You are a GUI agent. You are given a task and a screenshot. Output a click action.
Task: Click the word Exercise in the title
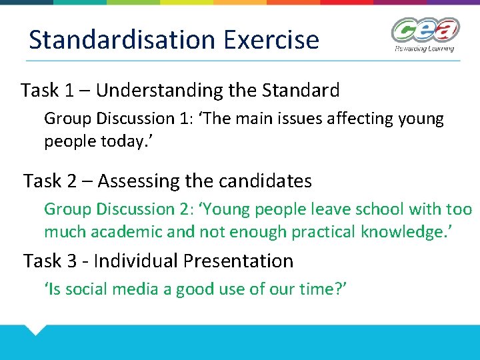(x=271, y=40)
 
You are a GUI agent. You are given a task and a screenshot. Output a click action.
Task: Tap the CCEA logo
(x=425, y=30)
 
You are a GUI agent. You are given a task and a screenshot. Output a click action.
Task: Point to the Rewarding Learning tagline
(x=424, y=48)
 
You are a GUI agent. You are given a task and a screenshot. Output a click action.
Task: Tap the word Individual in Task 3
(x=139, y=261)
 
